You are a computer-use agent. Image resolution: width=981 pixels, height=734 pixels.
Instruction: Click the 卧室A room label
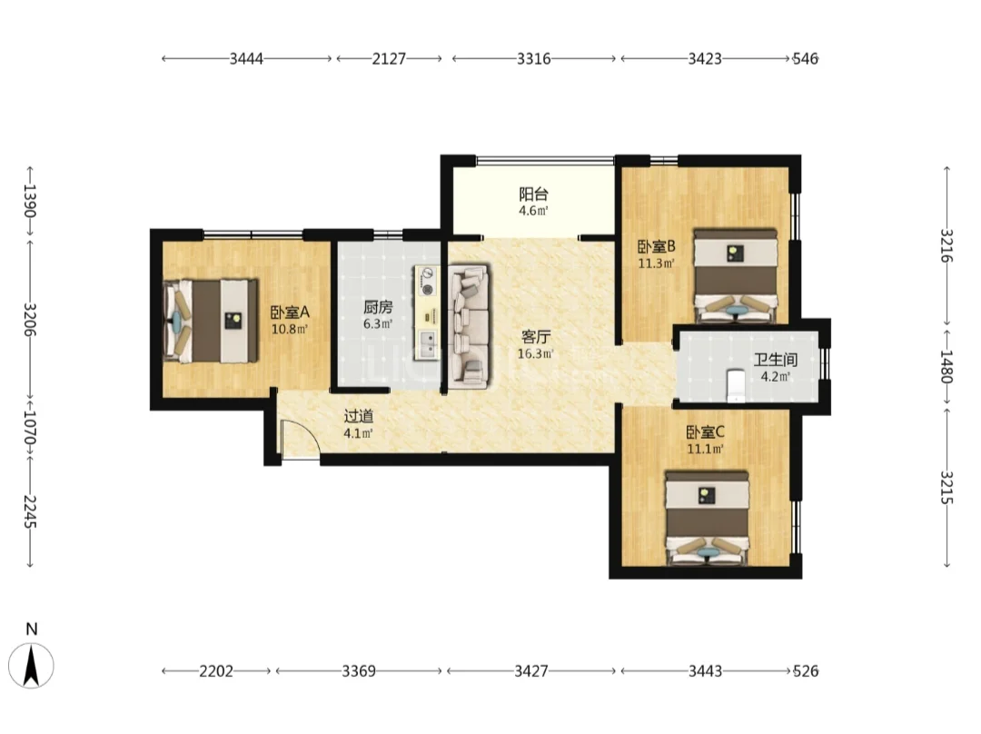290,312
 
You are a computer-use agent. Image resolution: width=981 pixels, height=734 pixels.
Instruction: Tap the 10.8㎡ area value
290,329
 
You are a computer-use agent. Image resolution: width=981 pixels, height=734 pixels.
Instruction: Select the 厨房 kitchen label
378,307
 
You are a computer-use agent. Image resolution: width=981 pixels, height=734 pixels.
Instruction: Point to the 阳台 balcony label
533,194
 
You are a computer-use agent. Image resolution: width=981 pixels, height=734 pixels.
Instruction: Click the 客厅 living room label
536,337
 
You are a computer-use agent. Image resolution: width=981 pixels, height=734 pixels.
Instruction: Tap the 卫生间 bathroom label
775,360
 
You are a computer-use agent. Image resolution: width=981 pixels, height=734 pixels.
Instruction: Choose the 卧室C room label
705,432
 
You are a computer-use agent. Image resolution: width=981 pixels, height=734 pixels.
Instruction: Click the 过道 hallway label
359,416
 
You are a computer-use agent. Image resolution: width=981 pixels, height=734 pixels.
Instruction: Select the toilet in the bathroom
736,385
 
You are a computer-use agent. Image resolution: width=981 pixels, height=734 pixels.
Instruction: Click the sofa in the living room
470,324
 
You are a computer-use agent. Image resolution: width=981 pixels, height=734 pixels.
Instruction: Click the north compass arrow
31,666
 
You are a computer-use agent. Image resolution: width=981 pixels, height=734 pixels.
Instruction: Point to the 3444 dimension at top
246,59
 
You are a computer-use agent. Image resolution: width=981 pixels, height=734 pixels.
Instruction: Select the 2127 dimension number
389,59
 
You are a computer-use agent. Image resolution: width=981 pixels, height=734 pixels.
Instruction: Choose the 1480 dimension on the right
946,367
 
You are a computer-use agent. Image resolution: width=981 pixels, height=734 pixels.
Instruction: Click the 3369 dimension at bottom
359,671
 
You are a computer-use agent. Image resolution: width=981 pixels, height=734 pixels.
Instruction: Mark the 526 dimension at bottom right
806,671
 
